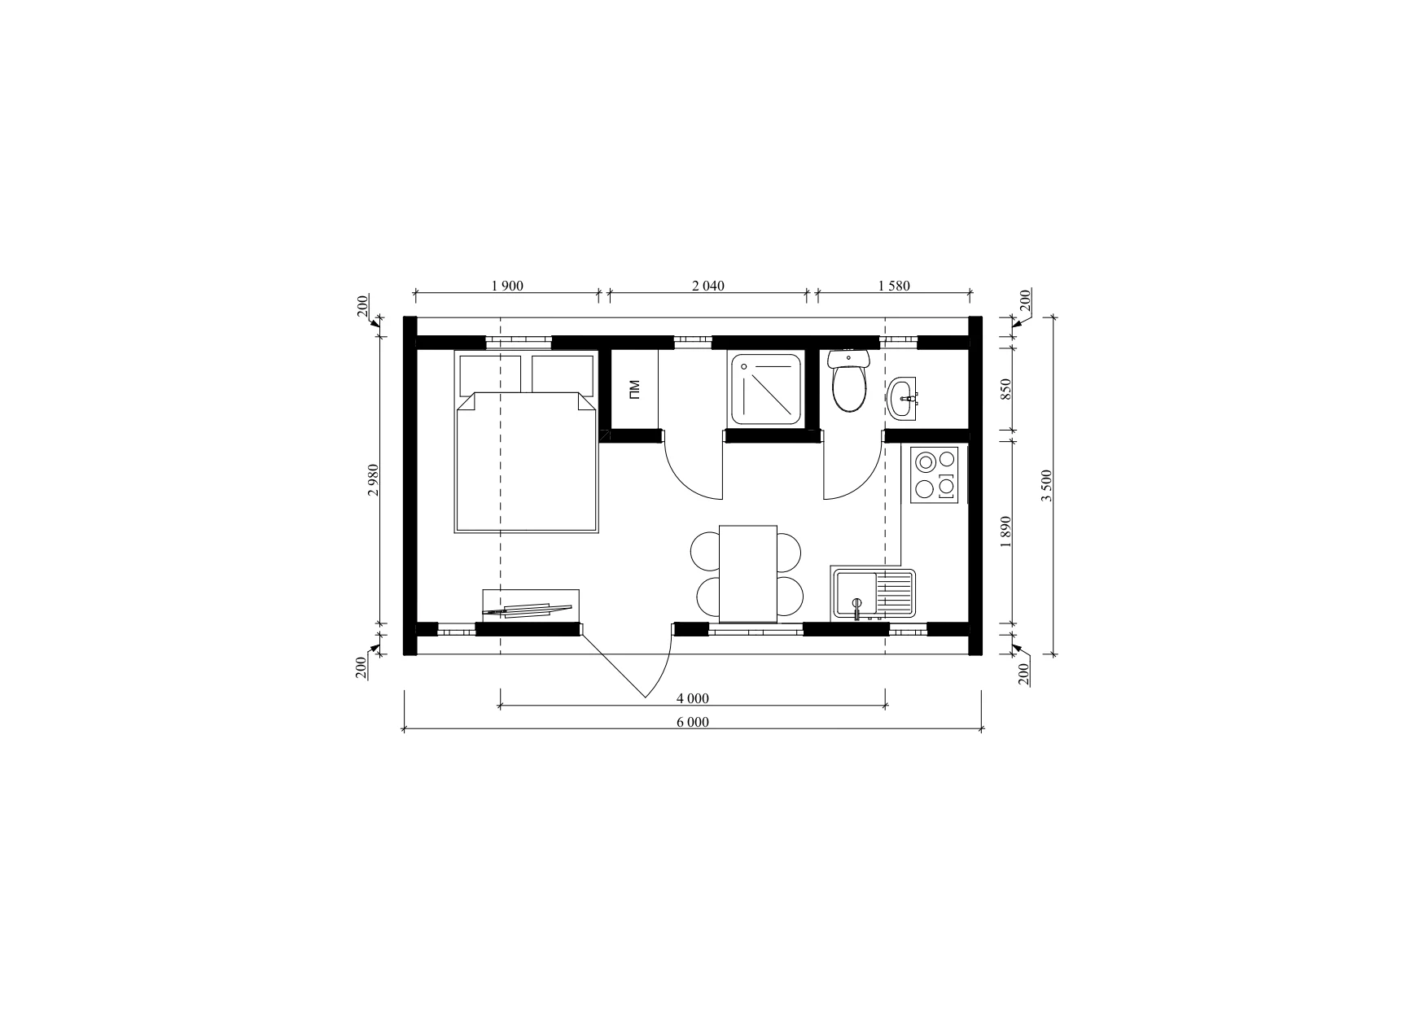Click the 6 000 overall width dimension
pyautogui.click(x=693, y=722)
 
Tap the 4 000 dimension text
pyautogui.click(x=693, y=697)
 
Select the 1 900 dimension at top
pyautogui.click(x=507, y=286)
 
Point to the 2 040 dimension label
pyautogui.click(x=707, y=286)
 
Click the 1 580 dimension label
pyautogui.click(x=894, y=286)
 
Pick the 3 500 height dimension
pyautogui.click(x=1048, y=485)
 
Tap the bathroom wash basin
pyautogui.click(x=902, y=399)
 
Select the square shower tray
pyautogui.click(x=765, y=389)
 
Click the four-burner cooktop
pyautogui.click(x=935, y=474)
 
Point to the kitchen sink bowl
pyautogui.click(x=855, y=593)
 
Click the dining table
pyautogui.click(x=748, y=574)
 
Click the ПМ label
pyautogui.click(x=634, y=391)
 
